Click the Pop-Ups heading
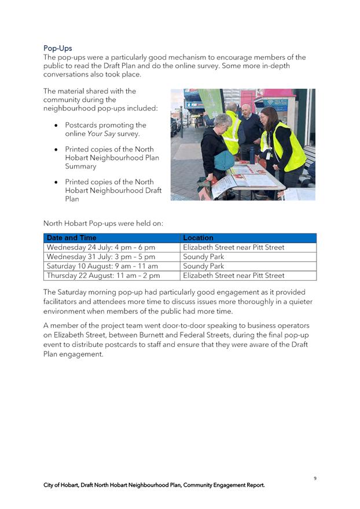57,48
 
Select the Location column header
198,238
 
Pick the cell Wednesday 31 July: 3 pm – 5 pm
101,257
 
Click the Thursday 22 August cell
103,276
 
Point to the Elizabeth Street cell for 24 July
233,247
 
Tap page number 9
315,478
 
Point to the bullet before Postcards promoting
55,126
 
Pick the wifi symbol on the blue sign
270,103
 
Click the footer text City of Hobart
64,485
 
